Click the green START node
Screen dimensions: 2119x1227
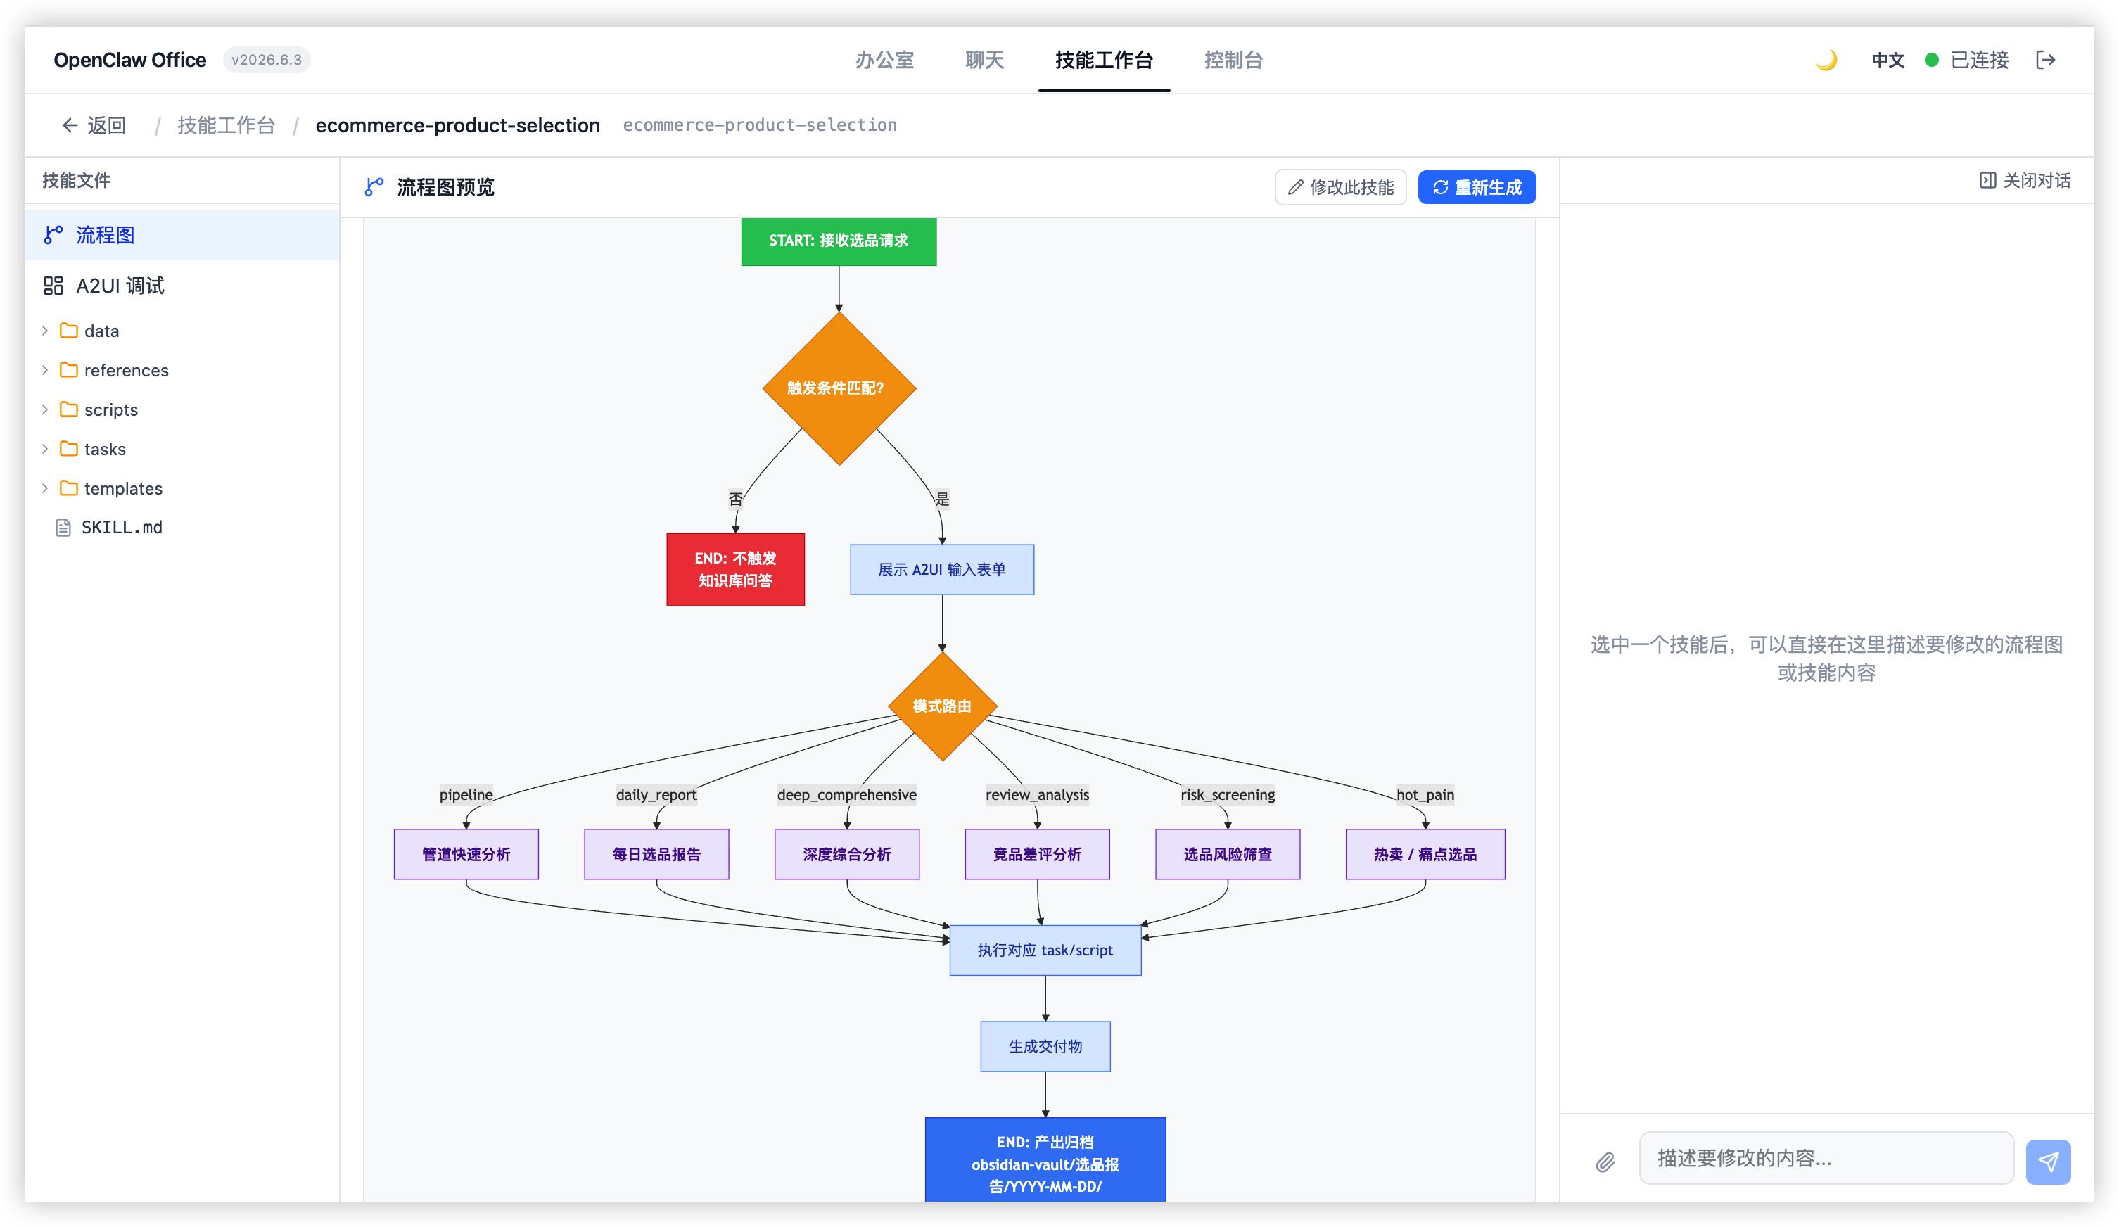coord(839,241)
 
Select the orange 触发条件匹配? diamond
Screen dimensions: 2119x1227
coord(839,388)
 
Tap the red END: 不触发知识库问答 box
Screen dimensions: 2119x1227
coord(735,569)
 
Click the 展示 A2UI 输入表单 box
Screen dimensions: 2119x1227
coord(942,569)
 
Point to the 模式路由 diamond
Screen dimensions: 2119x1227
coord(942,706)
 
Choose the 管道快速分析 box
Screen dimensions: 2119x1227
coord(466,854)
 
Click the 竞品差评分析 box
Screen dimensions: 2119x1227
coord(1037,854)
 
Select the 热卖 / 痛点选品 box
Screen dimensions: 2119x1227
coord(1425,854)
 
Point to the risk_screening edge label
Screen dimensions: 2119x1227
coord(1228,795)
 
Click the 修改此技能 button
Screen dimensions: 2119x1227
coord(1340,186)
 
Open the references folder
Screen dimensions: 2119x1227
coord(126,370)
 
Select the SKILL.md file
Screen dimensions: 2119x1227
coord(121,527)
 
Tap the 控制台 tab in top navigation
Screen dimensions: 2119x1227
coord(1233,60)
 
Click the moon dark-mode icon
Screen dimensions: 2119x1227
coord(1826,60)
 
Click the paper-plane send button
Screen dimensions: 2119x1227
coord(2047,1162)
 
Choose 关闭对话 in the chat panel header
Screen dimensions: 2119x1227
coord(2024,180)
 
